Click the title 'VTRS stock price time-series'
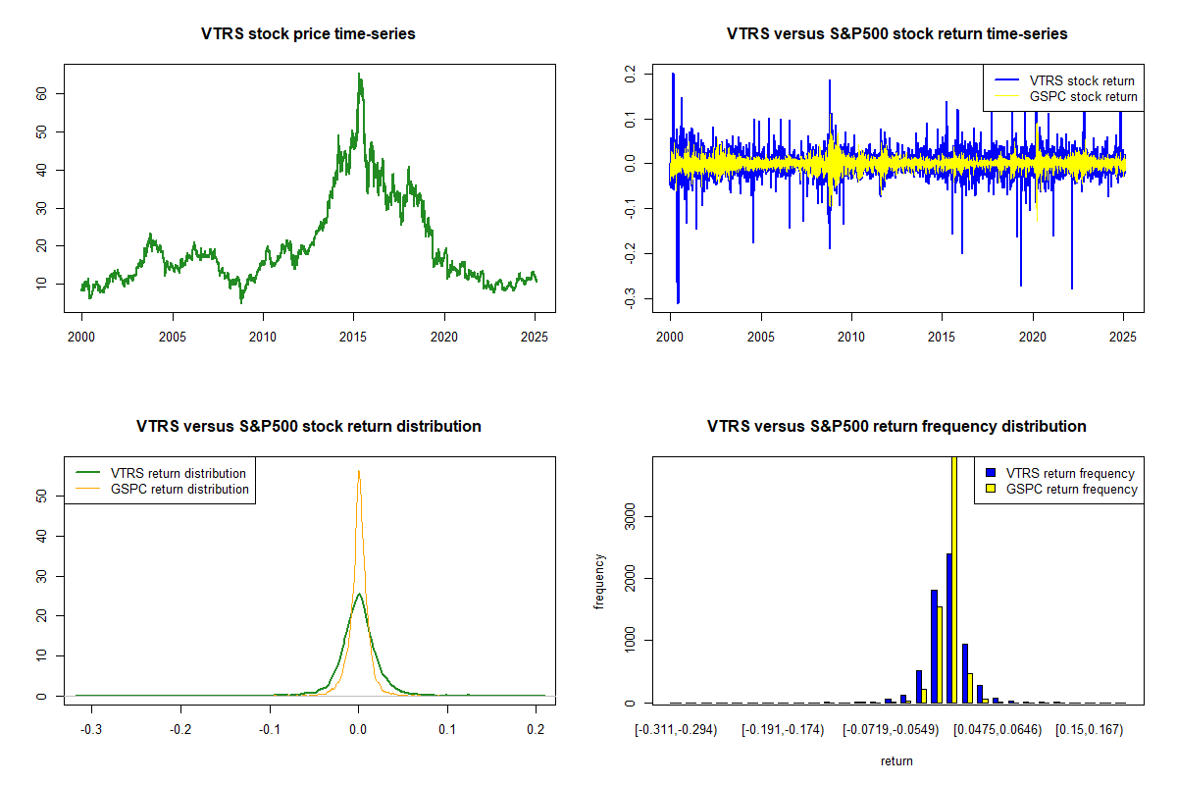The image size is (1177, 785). click(x=309, y=34)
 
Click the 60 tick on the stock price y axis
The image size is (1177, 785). click(x=43, y=93)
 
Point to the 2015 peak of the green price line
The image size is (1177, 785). click(x=359, y=76)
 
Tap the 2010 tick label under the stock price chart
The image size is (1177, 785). click(x=263, y=336)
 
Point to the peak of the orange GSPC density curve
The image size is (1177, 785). click(x=359, y=471)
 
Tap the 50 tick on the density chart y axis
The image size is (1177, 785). click(x=43, y=497)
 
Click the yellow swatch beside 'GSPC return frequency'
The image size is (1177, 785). click(x=991, y=489)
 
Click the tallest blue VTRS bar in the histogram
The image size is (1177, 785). click(x=948, y=628)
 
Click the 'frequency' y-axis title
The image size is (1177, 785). click(x=600, y=582)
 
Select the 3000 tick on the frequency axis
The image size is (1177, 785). click(x=632, y=516)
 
